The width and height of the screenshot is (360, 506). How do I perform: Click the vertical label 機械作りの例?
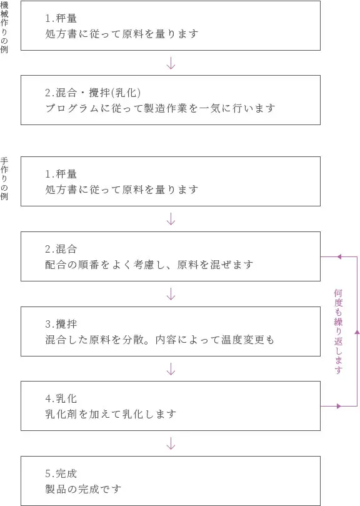coord(4,28)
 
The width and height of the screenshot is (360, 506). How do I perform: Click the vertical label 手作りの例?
coord(4,179)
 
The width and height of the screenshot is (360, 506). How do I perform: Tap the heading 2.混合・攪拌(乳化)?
coord(93,93)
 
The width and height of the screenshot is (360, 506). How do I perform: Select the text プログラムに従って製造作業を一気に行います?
coord(161,108)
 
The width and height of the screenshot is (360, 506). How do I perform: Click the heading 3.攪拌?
coord(61,323)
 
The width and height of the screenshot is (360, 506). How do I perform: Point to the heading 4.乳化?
coord(61,398)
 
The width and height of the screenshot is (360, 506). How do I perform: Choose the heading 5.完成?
coord(61,473)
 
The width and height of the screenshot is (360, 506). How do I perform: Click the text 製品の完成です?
coord(83,489)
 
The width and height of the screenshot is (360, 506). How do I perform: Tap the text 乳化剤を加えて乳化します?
coord(111,414)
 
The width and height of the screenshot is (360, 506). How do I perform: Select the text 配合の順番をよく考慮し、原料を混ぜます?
coord(149,265)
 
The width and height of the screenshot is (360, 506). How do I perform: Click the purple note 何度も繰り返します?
coord(338,331)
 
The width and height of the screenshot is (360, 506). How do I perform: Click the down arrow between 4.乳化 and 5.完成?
coord(171,443)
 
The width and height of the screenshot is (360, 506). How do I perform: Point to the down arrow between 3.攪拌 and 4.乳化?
coord(171,368)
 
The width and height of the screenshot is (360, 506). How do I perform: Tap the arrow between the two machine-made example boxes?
coord(171,63)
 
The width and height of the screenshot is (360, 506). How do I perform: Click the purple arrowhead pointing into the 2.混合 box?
coord(339,257)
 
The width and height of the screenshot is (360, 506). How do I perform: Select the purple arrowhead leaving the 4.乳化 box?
coord(339,406)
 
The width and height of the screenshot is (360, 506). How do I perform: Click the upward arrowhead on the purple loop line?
coord(357,331)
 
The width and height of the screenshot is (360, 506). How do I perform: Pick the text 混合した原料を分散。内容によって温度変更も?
coord(159,340)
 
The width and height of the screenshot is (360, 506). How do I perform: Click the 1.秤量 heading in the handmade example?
coord(61,174)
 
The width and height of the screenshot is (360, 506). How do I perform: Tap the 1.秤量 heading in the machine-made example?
coord(61,18)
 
